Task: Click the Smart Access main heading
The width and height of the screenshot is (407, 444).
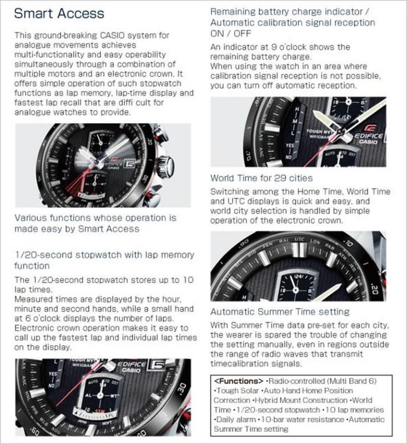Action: (59, 13)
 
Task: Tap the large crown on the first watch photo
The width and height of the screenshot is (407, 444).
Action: (166, 167)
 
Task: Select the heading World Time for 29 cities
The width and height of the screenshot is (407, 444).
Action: (261, 178)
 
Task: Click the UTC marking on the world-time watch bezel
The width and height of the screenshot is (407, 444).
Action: (299, 239)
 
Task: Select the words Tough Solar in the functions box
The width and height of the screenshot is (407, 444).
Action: (238, 391)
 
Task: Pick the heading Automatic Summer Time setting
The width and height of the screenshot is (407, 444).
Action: (280, 311)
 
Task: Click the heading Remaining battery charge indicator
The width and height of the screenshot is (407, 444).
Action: (288, 12)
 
